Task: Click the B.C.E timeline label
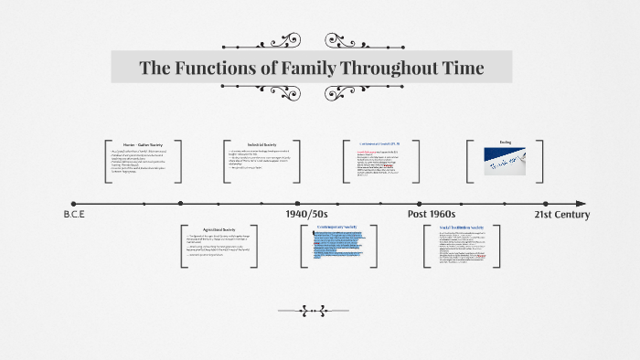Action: (74, 215)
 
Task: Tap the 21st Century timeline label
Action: (561, 215)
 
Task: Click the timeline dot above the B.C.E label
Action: (73, 204)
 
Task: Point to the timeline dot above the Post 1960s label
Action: (421, 204)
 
